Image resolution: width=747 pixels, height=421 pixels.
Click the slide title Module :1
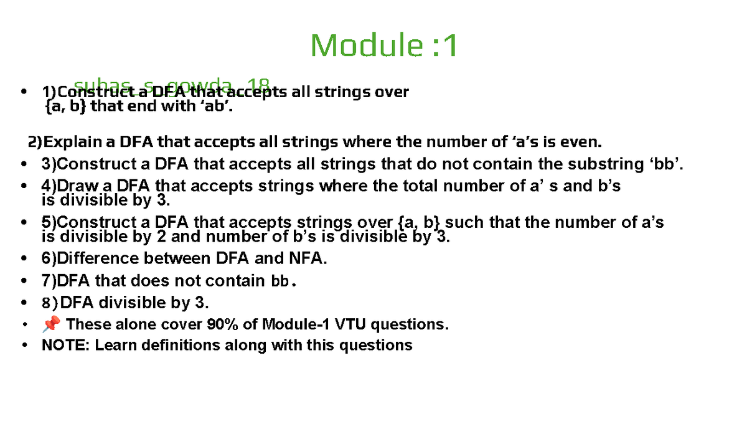pyautogui.click(x=384, y=45)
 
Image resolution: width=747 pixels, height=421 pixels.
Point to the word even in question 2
pyautogui.click(x=580, y=142)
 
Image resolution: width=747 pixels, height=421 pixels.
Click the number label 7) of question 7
pyautogui.click(x=49, y=281)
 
